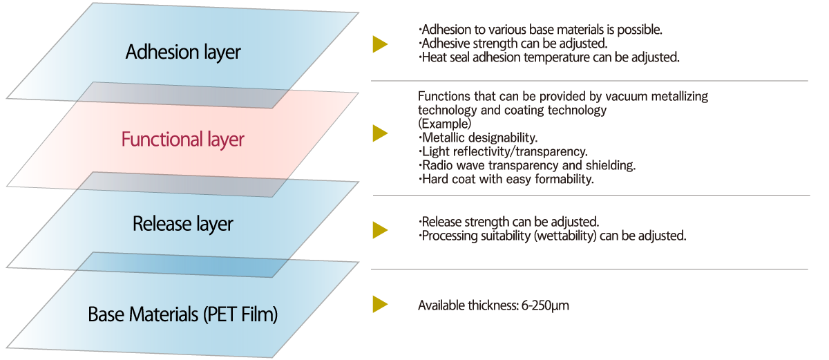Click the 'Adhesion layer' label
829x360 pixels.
pos(183,52)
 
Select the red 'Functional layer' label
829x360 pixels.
pos(183,140)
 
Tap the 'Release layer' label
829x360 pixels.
pos(183,224)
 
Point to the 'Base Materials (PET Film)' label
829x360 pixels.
pos(183,315)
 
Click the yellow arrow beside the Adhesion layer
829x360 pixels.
pos(379,44)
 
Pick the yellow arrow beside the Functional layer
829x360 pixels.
pos(379,133)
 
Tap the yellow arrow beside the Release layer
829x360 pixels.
pos(379,229)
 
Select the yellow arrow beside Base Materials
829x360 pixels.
pos(379,304)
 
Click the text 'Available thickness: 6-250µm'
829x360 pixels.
pos(493,305)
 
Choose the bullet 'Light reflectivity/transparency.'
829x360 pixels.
pos(503,151)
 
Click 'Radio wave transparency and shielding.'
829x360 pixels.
pos(526,166)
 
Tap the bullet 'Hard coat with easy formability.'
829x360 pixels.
pos(506,180)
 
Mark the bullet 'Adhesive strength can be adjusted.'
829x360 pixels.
pos(513,44)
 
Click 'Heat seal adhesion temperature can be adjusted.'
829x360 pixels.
pos(549,57)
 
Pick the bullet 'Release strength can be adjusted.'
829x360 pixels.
pos(508,222)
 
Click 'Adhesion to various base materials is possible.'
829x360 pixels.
pos(541,30)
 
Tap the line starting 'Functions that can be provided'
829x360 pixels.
pos(563,97)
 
